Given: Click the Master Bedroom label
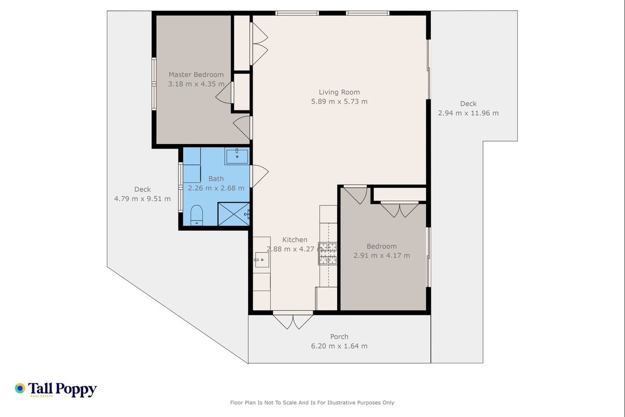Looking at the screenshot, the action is [196, 75].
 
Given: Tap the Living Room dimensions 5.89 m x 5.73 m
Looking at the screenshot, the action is [339, 102].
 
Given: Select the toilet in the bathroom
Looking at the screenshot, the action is [197, 215].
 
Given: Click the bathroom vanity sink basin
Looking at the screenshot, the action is [237, 156].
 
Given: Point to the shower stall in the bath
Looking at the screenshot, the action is [234, 214].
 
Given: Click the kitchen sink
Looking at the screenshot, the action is [262, 260].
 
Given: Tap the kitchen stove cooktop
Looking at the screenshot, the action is [328, 253].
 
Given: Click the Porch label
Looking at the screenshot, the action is [339, 337].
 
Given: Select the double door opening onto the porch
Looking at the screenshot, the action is [293, 320].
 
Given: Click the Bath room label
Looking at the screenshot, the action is [216, 179].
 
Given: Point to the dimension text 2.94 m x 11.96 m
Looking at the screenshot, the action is [468, 113].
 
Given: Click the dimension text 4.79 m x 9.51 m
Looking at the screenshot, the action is [142, 199].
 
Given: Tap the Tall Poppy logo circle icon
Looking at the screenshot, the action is [20, 388].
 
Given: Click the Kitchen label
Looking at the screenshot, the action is [295, 240].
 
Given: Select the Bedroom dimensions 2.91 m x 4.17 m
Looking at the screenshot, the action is [381, 255].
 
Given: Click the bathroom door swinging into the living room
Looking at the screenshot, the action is [260, 176].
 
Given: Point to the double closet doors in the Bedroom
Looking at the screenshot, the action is [400, 209].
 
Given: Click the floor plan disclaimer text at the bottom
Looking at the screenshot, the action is [312, 403].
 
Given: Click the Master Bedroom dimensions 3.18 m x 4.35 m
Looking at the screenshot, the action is [196, 84].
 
